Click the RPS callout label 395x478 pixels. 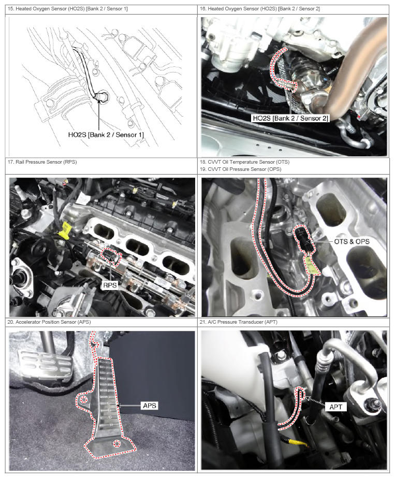[x=110, y=285]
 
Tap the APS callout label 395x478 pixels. [x=149, y=405]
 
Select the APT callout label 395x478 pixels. [x=335, y=407]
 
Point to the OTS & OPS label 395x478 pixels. [x=352, y=241]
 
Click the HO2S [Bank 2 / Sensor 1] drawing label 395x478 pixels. [x=106, y=135]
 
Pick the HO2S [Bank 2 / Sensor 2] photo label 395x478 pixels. [x=290, y=118]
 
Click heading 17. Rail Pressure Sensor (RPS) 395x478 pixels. [x=42, y=162]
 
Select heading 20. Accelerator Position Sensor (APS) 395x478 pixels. [x=49, y=322]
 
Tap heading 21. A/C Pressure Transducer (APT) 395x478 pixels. [x=238, y=322]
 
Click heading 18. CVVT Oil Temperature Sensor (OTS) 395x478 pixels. [x=244, y=162]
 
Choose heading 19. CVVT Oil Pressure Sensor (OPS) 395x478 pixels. [x=241, y=169]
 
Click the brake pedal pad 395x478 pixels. [x=44, y=365]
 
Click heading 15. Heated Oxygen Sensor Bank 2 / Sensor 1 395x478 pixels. [x=68, y=8]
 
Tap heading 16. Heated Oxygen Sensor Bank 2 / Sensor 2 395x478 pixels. [x=260, y=8]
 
